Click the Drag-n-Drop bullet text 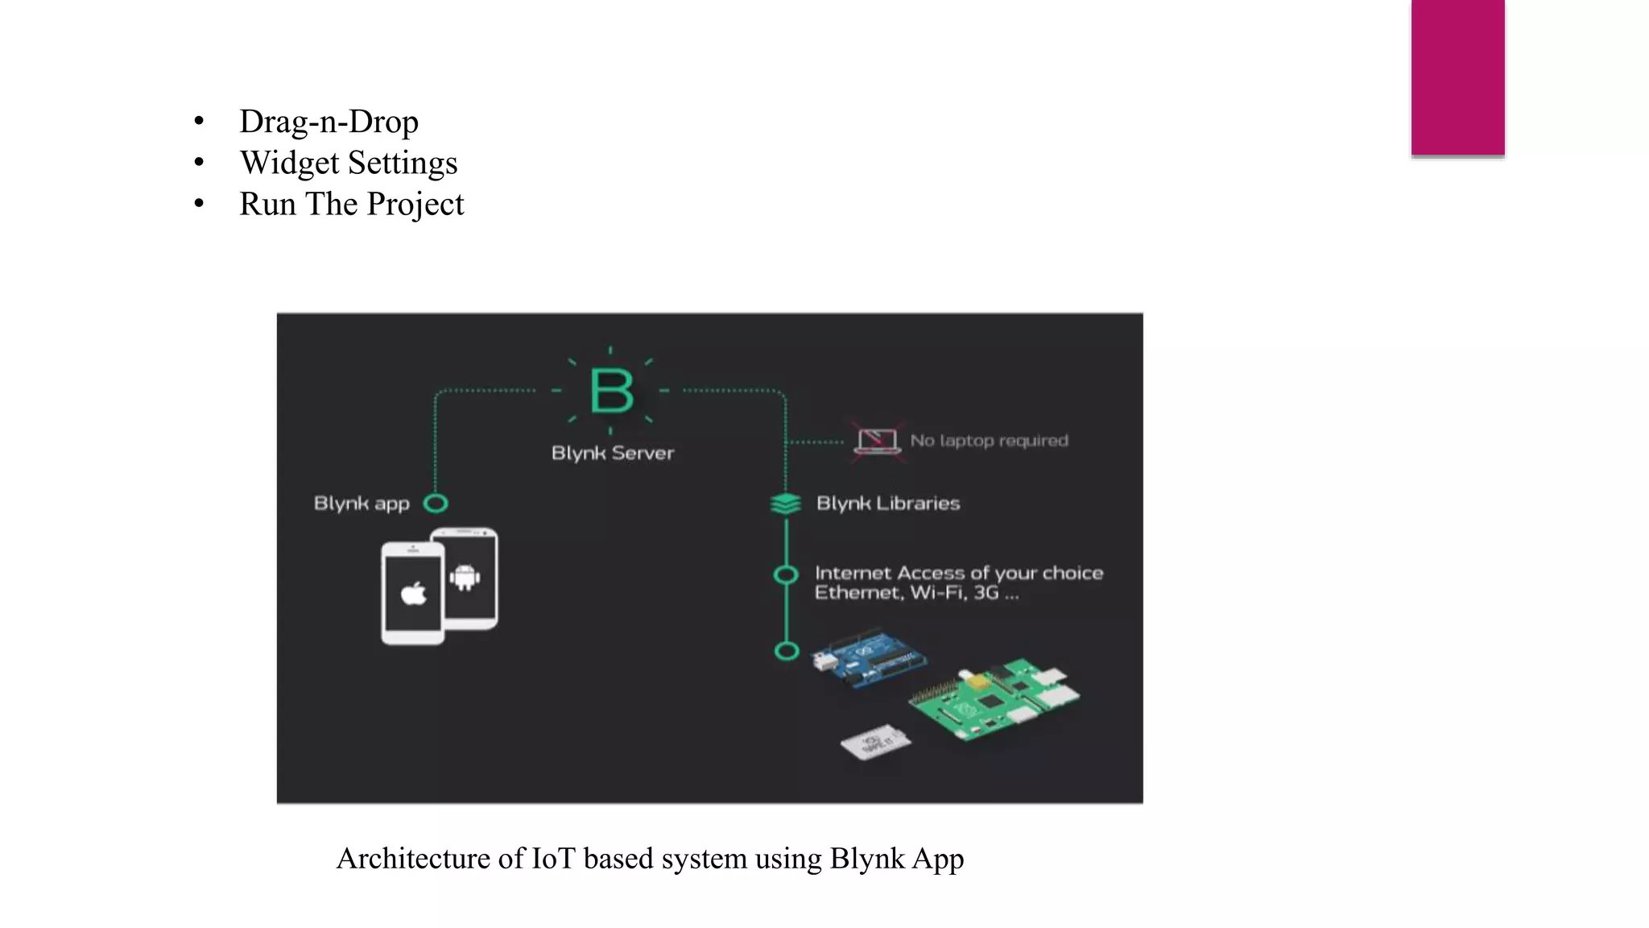pyautogui.click(x=329, y=122)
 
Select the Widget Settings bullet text pyautogui.click(x=349, y=163)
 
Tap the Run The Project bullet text pyautogui.click(x=351, y=204)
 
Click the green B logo pyautogui.click(x=611, y=391)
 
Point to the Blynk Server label pyautogui.click(x=612, y=453)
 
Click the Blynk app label pyautogui.click(x=362, y=503)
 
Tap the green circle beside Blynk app pyautogui.click(x=436, y=503)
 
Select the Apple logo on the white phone pyautogui.click(x=414, y=594)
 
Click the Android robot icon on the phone pyautogui.click(x=465, y=577)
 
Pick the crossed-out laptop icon pyautogui.click(x=877, y=441)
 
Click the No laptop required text pyautogui.click(x=989, y=441)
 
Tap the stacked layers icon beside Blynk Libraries pyautogui.click(x=785, y=503)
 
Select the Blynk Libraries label pyautogui.click(x=888, y=503)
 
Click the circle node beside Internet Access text pyautogui.click(x=786, y=574)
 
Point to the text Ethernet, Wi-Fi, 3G pyautogui.click(x=916, y=593)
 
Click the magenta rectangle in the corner pyautogui.click(x=1457, y=77)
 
